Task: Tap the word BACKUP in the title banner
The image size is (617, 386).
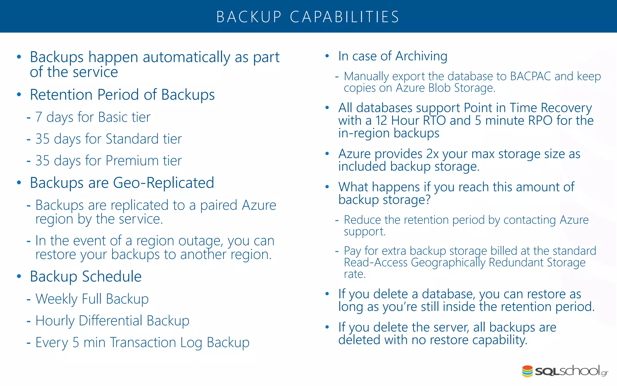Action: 249,17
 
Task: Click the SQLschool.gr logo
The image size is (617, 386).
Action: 565,371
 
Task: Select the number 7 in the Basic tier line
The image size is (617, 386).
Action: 39,117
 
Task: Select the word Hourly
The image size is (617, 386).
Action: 55,321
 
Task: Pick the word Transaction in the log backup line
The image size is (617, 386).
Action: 143,343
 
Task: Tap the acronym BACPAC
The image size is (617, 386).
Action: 531,76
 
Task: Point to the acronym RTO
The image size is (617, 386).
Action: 434,121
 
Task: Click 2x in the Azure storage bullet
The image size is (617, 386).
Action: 432,154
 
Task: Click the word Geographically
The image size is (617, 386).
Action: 448,263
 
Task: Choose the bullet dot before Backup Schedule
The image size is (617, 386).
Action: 19,277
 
